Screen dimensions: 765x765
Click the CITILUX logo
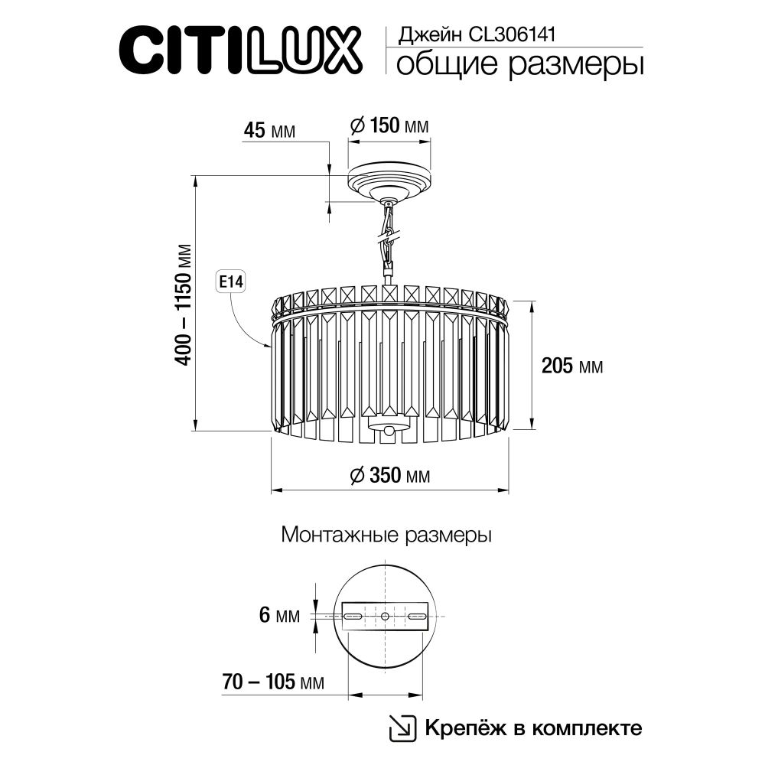click(x=241, y=50)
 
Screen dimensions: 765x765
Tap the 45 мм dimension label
click(x=269, y=129)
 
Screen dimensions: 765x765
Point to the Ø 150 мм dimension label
click(x=389, y=125)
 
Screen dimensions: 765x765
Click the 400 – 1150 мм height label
click(x=184, y=304)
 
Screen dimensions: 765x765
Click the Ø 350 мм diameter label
click(x=389, y=476)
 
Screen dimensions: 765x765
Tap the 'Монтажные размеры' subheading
click(x=386, y=535)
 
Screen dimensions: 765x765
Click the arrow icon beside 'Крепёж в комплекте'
click(x=402, y=728)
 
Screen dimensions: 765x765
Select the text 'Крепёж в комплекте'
click(x=532, y=728)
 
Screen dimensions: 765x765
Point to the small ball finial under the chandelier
click(x=389, y=432)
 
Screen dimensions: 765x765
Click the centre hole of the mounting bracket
click(x=385, y=616)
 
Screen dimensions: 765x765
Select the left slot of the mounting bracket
click(x=353, y=616)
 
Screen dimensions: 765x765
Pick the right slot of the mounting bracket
click(x=417, y=616)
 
